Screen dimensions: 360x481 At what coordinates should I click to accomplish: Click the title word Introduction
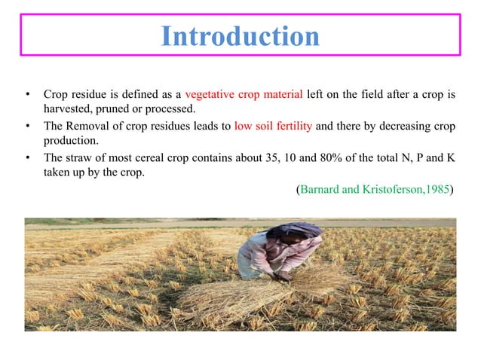tap(240, 36)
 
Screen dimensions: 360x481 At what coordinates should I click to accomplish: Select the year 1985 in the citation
tap(435, 188)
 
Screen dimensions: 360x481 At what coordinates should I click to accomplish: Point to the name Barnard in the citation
tap(320, 188)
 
